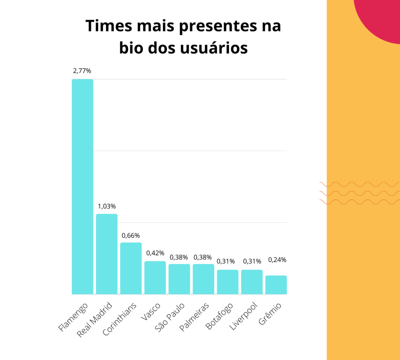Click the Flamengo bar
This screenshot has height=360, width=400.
(x=82, y=187)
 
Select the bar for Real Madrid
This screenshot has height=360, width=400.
(x=107, y=254)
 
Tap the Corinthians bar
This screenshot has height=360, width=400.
(x=131, y=268)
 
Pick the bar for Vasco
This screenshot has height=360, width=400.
(x=155, y=278)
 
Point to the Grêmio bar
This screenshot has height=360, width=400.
(x=276, y=285)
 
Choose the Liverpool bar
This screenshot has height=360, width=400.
(x=252, y=282)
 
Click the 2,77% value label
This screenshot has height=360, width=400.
(x=82, y=71)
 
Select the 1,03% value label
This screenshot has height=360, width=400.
(x=107, y=206)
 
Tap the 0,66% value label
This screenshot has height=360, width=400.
(x=131, y=235)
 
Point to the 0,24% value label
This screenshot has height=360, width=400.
(x=277, y=260)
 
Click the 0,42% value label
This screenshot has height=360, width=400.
(x=155, y=253)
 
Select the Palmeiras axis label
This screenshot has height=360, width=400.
(x=195, y=317)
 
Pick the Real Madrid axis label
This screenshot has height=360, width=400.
(x=95, y=320)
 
